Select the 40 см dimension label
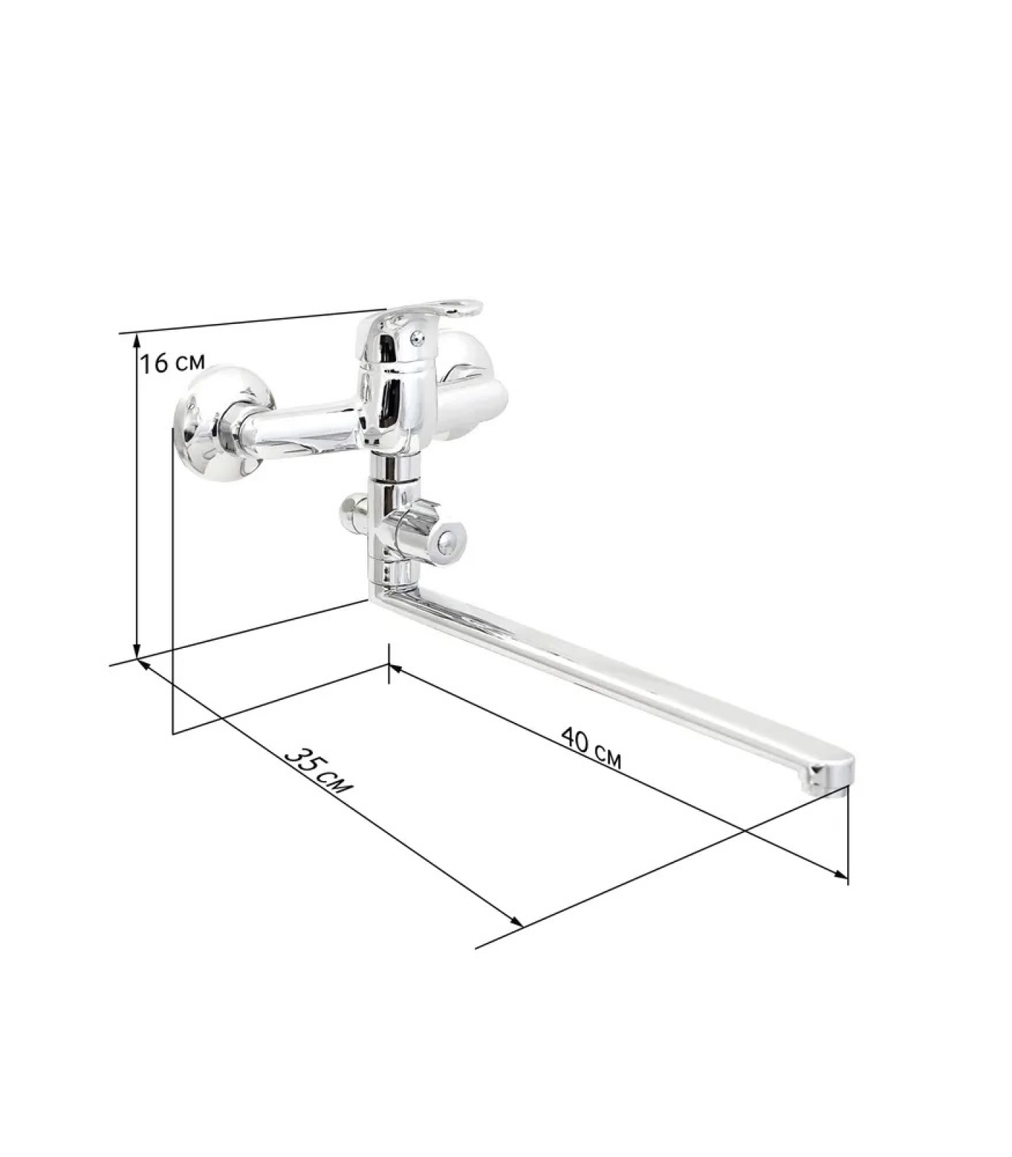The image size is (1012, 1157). [x=591, y=746]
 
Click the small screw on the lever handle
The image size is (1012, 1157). [x=415, y=336]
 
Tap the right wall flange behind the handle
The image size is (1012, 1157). [x=470, y=383]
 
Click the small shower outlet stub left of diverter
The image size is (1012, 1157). [x=353, y=512]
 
